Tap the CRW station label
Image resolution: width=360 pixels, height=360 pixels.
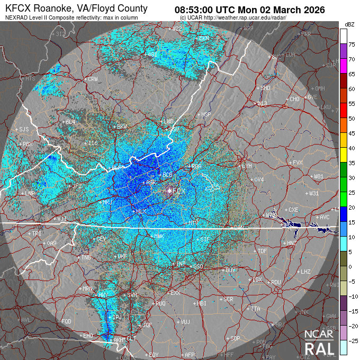point(93,79)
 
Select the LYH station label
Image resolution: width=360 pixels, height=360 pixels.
point(247,166)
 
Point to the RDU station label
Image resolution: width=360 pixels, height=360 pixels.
point(275,282)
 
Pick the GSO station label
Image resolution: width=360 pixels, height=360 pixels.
point(199,266)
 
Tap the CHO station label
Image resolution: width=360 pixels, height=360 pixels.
point(295,99)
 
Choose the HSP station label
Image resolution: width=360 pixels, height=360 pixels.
point(206,114)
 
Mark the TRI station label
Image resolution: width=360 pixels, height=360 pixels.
point(37,233)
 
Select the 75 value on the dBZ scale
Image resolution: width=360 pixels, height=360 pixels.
point(350,45)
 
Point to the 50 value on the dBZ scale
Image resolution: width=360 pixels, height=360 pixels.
point(350,119)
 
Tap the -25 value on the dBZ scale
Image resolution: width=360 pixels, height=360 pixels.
point(352,340)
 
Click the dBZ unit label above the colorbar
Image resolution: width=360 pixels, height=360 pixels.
point(349,24)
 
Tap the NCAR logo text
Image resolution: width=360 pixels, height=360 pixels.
point(319,334)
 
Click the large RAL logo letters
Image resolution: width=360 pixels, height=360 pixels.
point(319,348)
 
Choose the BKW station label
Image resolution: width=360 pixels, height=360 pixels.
point(122,127)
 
